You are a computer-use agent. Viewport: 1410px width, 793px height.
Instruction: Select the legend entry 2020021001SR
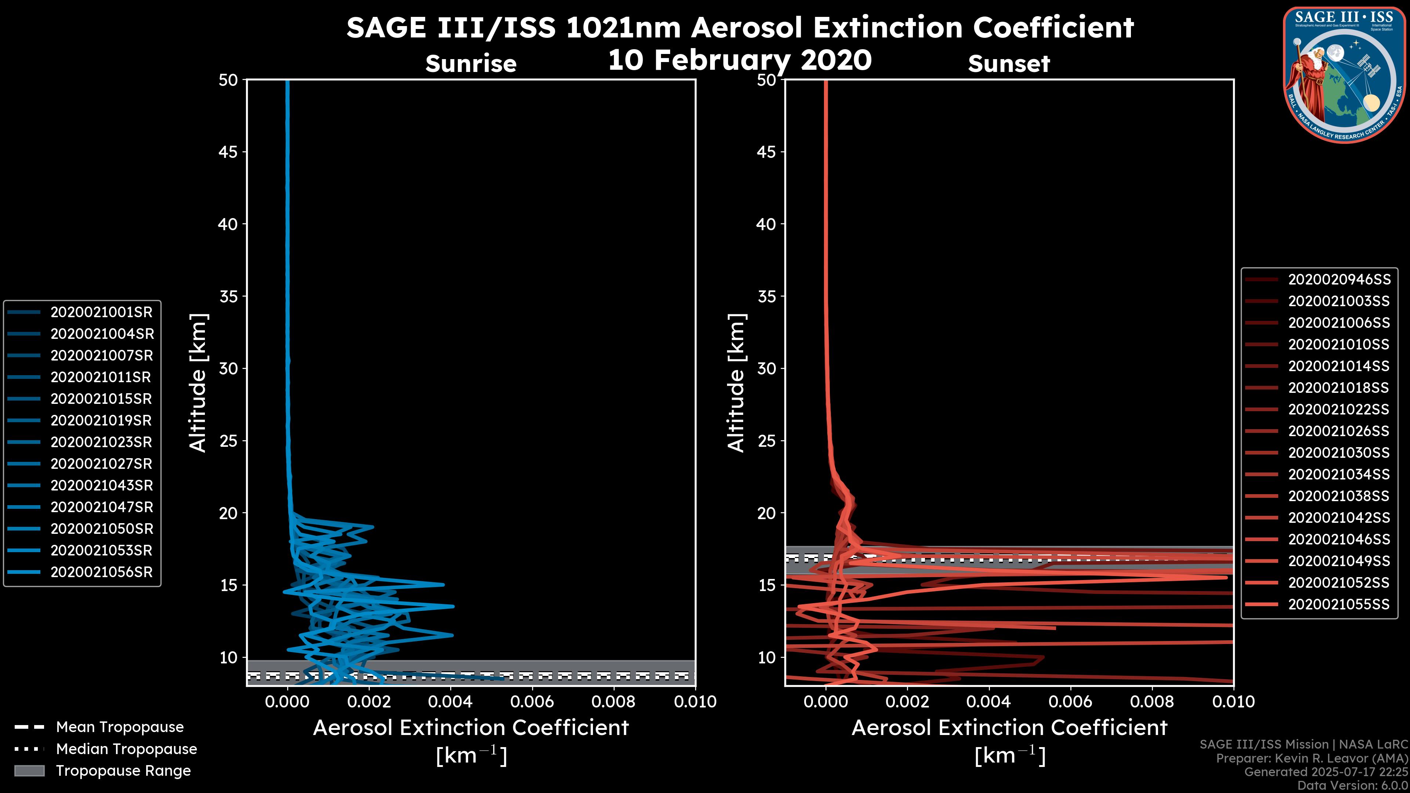pyautogui.click(x=101, y=312)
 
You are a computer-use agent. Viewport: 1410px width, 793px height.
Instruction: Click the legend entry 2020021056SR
pyautogui.click(x=101, y=572)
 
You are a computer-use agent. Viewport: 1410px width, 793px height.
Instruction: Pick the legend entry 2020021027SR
pyautogui.click(x=101, y=464)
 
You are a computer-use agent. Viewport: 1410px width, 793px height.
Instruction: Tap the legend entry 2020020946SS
pyautogui.click(x=1339, y=280)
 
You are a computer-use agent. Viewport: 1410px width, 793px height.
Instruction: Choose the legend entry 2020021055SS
pyautogui.click(x=1339, y=605)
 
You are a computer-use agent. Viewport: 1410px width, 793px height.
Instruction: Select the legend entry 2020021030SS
pyautogui.click(x=1339, y=453)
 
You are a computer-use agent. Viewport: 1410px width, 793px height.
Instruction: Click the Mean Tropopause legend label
pyautogui.click(x=120, y=727)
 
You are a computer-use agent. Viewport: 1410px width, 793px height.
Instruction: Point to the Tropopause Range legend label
pyautogui.click(x=123, y=771)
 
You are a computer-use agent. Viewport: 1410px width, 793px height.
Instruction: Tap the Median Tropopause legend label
pyautogui.click(x=126, y=749)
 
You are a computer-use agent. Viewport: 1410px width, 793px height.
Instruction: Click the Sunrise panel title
pyautogui.click(x=471, y=64)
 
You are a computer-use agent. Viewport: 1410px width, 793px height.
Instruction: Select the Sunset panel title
pyautogui.click(x=1009, y=64)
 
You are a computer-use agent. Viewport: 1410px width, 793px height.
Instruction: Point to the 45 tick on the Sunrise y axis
pyautogui.click(x=228, y=152)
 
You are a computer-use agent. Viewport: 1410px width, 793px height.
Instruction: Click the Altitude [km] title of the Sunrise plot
pyautogui.click(x=198, y=383)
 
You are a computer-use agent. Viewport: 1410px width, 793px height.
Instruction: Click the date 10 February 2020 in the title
pyautogui.click(x=740, y=59)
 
